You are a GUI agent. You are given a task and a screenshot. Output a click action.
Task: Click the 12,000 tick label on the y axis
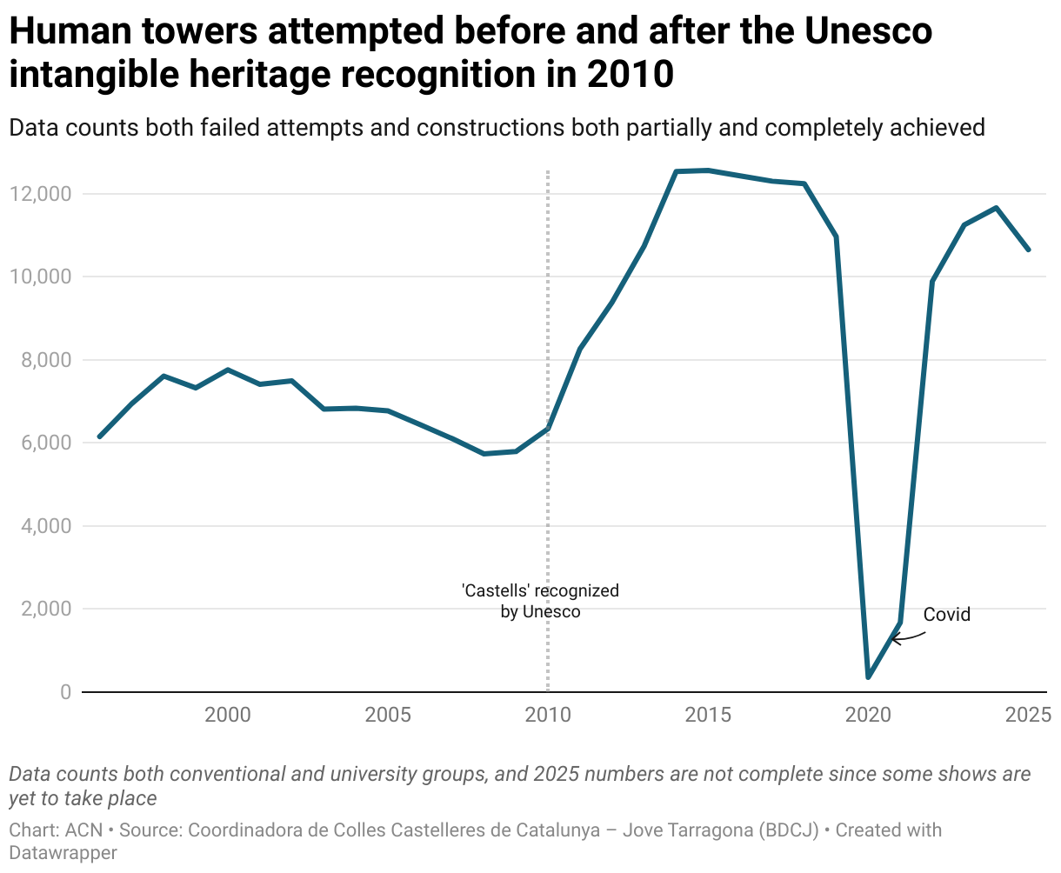[40, 194]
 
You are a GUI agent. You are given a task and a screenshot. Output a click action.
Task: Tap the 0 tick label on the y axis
[64, 692]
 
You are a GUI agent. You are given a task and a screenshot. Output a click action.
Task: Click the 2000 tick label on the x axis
[228, 716]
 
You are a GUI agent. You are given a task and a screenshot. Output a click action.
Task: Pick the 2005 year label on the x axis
[388, 716]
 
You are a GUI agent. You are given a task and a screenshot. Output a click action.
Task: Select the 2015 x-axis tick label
[708, 716]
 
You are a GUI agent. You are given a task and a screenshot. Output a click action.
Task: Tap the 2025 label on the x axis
[1027, 716]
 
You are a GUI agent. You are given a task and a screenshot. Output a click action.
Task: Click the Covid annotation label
[946, 615]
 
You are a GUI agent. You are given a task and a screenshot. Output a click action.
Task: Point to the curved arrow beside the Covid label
[906, 638]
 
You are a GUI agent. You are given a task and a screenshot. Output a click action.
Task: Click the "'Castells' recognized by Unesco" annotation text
[540, 601]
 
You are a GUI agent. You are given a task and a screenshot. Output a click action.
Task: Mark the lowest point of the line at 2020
[868, 676]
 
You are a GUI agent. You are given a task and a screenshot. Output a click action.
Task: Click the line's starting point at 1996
[100, 436]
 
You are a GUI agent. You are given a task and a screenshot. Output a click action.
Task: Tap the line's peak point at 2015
[708, 170]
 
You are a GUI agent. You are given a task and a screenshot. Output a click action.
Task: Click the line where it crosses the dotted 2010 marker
[548, 428]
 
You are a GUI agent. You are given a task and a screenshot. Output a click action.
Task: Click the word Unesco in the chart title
[868, 31]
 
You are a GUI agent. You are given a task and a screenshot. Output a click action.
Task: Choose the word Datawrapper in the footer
[63, 853]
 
